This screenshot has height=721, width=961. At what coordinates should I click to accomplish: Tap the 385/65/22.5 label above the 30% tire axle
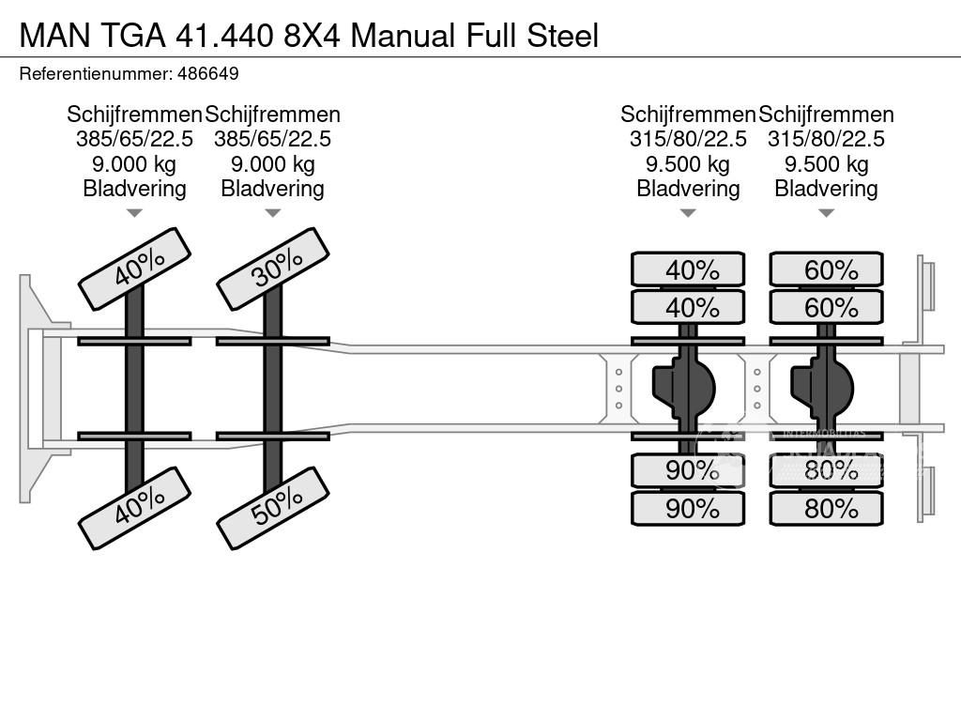pyautogui.click(x=272, y=139)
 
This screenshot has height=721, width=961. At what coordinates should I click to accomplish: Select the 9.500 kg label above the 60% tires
pyautogui.click(x=826, y=164)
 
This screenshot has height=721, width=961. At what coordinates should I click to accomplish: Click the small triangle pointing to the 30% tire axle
pyautogui.click(x=272, y=213)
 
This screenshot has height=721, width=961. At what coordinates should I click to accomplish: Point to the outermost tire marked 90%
pyautogui.click(x=688, y=509)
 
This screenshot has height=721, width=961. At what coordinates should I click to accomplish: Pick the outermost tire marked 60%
pyautogui.click(x=826, y=270)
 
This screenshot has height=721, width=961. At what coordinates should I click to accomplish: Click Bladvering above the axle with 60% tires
pyautogui.click(x=826, y=189)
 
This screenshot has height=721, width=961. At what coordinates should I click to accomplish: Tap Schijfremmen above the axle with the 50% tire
pyautogui.click(x=272, y=115)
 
